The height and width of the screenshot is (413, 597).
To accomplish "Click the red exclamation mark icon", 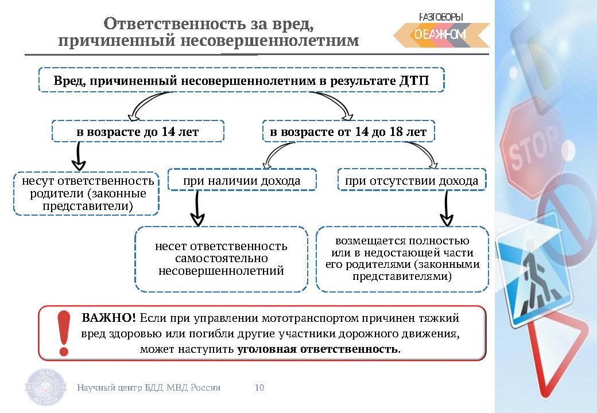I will pos(64,333).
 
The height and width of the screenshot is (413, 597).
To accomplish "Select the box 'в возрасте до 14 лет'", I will pos(138,131).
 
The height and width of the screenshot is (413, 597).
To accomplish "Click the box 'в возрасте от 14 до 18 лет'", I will pos(348,131).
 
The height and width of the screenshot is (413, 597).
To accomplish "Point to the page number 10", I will pos(259,388).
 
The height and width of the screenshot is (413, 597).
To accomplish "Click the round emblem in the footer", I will pos(47,388).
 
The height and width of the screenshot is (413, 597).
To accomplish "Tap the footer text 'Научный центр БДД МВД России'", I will pos(149,388).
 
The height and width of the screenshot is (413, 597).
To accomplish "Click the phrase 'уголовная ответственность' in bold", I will pos(317,349).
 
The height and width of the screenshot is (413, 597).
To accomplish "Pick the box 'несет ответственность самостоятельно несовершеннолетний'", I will pos(221,258).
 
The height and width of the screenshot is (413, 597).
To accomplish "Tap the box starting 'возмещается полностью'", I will pos(402,258).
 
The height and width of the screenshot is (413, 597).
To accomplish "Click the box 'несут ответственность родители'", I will pos(86,193).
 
